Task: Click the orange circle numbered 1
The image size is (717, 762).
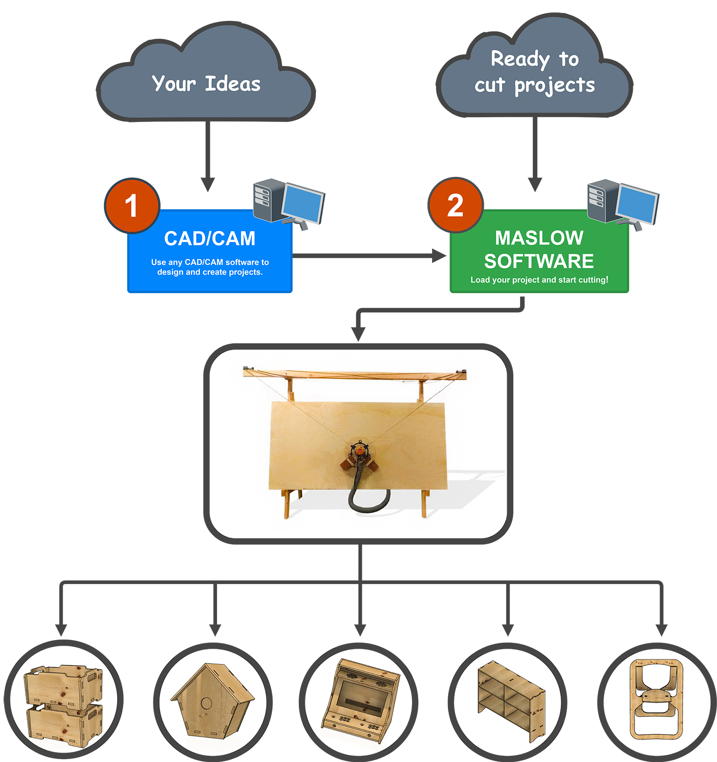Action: click(x=132, y=206)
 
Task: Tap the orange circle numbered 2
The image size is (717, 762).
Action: click(x=456, y=206)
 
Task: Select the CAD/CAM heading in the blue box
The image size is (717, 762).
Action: click(x=210, y=239)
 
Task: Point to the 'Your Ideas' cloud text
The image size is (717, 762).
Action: click(x=206, y=84)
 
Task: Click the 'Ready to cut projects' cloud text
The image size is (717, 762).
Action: click(x=534, y=72)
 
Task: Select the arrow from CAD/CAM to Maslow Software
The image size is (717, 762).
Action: click(x=368, y=256)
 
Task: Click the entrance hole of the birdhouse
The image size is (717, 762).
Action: click(x=206, y=704)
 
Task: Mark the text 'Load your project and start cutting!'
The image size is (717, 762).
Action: click(x=539, y=280)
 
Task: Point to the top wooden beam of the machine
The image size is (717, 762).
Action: click(x=354, y=374)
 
